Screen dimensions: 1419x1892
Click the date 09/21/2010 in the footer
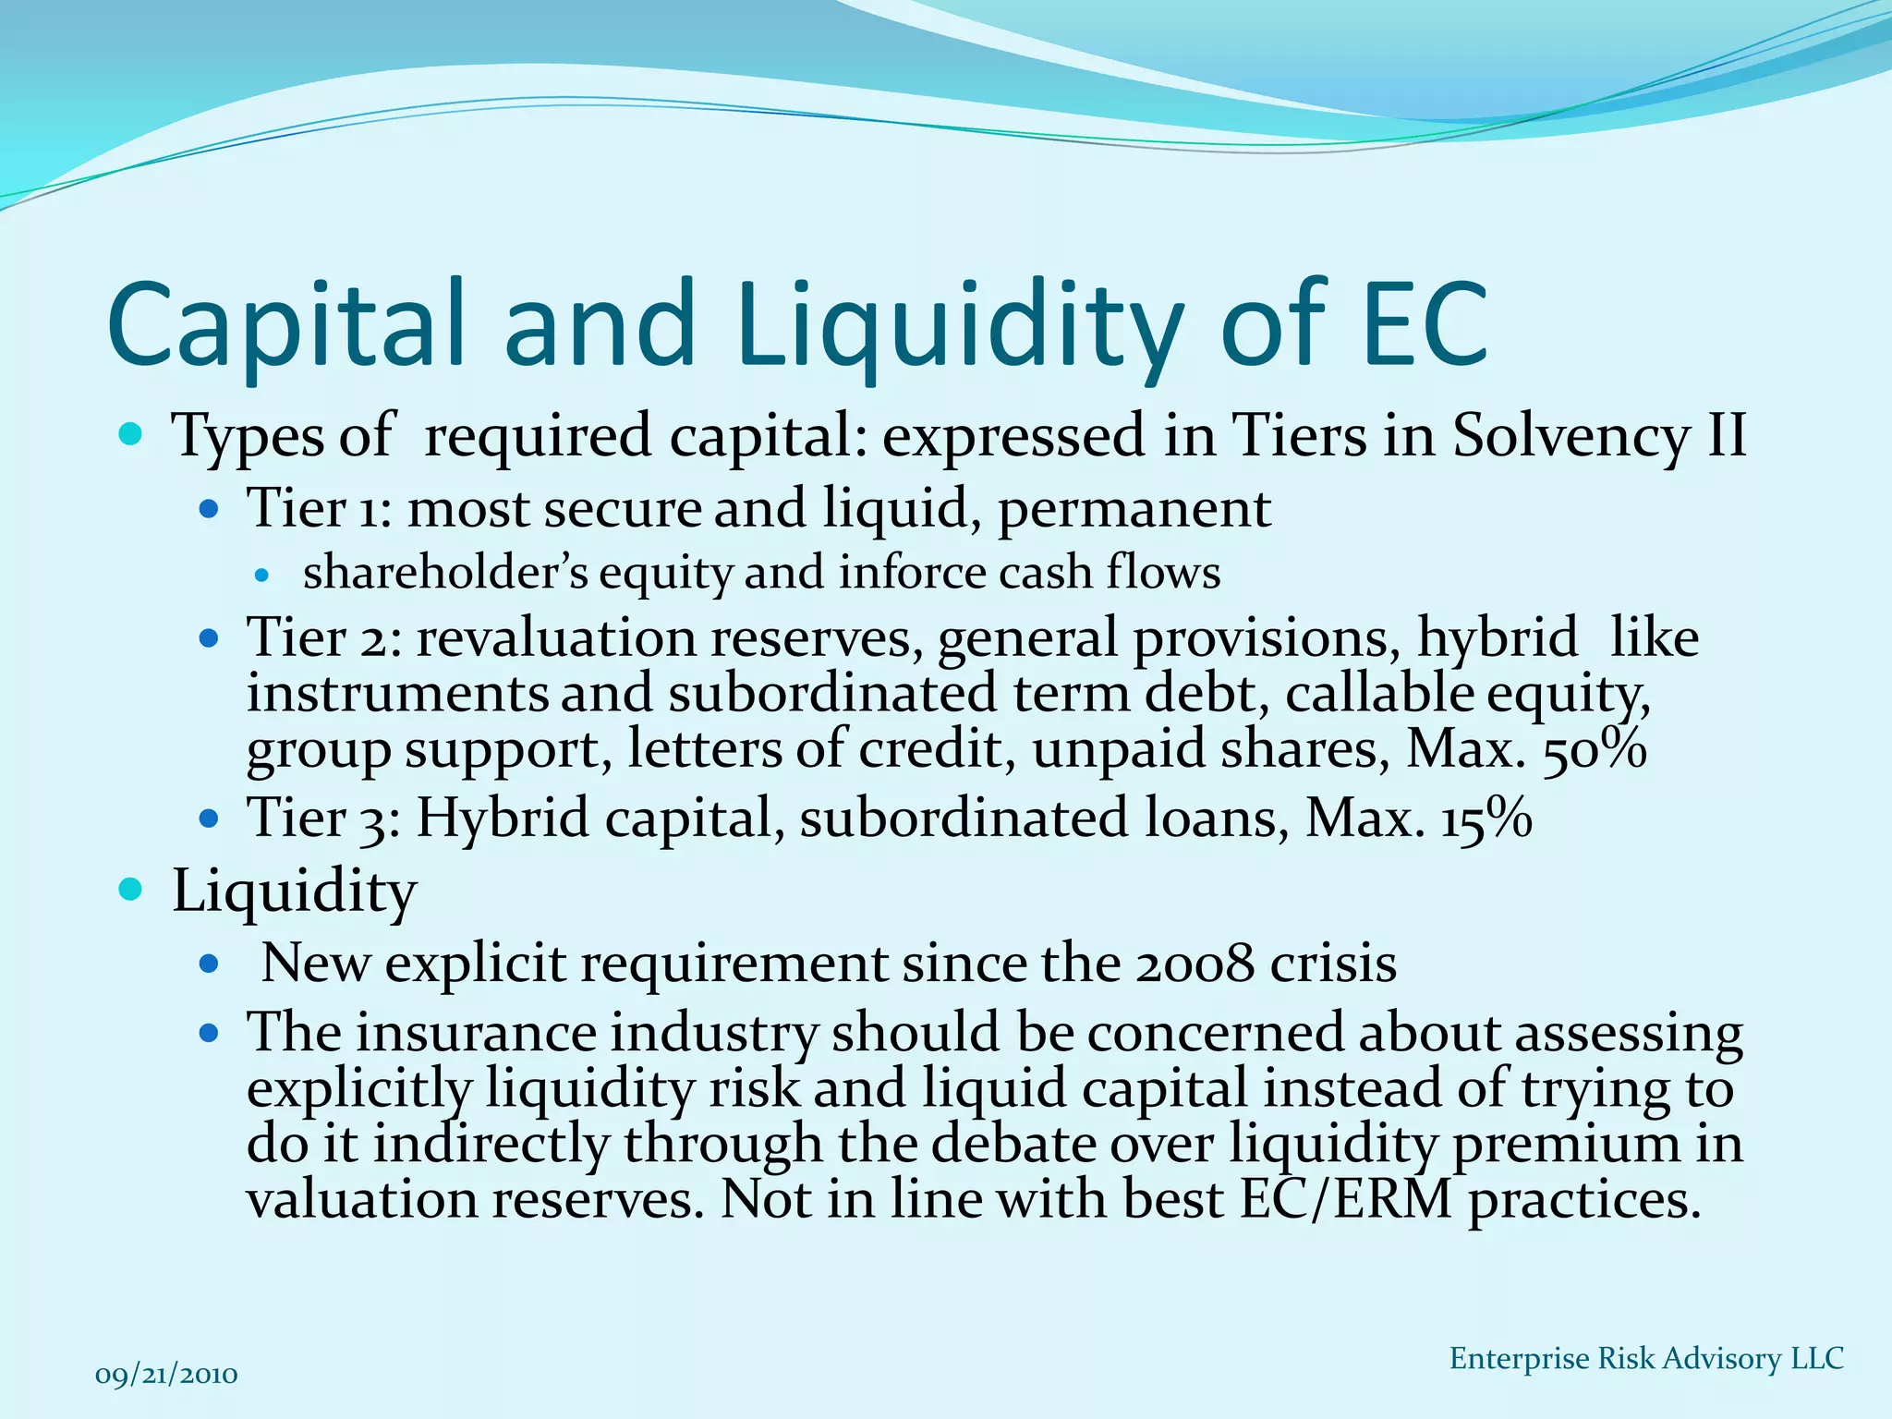point(166,1375)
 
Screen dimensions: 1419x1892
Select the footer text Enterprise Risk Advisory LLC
point(1646,1358)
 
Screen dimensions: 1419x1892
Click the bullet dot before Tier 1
point(209,509)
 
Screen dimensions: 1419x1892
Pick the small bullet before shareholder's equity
point(261,575)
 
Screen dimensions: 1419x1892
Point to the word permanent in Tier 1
point(1134,509)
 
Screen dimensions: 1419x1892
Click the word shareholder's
point(445,573)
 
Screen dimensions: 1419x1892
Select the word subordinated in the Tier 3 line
point(963,819)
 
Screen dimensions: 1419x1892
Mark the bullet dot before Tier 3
point(209,819)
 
